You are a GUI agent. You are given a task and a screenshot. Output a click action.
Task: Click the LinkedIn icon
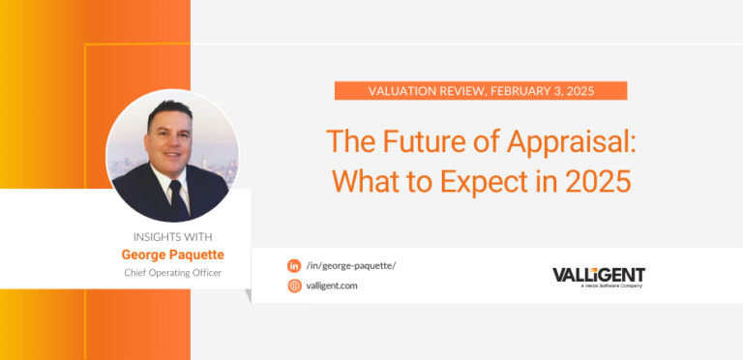coord(294,265)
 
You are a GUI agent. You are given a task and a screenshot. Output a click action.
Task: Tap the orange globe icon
coord(294,285)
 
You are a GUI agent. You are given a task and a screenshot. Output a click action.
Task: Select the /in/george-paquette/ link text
coord(350,265)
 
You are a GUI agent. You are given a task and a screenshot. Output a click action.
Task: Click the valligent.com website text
coord(332,285)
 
